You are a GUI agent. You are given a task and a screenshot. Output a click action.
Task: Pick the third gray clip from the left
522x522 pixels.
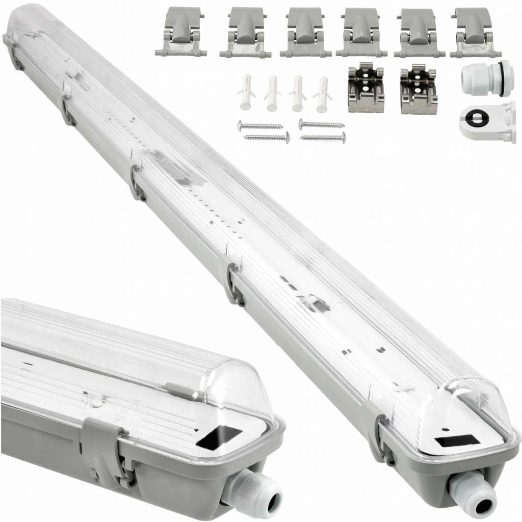click(x=305, y=32)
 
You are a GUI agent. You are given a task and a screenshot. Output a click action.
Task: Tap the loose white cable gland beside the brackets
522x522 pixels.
click(x=484, y=79)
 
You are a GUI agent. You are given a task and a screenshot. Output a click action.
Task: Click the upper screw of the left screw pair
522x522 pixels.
click(x=260, y=125)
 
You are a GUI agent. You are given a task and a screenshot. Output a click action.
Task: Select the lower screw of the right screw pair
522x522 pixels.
click(x=322, y=137)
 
